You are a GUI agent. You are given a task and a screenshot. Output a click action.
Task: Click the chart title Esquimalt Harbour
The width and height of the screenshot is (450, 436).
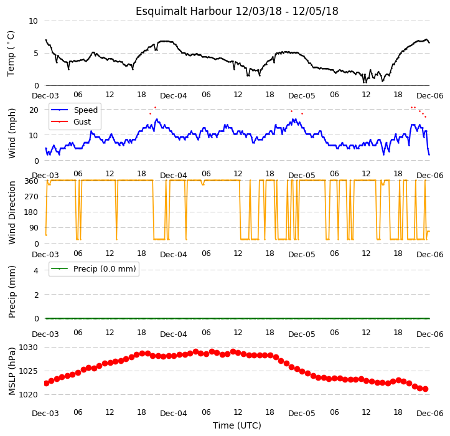point(184,11)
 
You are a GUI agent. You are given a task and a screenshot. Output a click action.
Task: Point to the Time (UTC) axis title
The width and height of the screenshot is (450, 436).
point(237,425)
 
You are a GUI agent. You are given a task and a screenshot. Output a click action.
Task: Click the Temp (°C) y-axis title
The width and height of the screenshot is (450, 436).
point(11,54)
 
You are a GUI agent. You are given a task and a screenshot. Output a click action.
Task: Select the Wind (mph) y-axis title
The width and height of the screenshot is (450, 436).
point(11,133)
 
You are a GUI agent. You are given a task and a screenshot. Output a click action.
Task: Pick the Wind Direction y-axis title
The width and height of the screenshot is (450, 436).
point(11,212)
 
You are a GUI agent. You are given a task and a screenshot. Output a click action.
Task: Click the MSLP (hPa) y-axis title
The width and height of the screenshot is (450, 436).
point(11,371)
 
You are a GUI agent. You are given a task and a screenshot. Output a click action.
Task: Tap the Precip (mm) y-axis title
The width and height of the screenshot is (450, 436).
point(11,291)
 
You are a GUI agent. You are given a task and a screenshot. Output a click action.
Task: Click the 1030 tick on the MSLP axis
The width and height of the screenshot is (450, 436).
point(28,348)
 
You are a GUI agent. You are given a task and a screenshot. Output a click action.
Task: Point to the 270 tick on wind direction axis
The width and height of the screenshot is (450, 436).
point(32,197)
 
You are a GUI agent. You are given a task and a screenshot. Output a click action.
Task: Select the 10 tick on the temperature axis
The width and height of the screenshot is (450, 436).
point(33,21)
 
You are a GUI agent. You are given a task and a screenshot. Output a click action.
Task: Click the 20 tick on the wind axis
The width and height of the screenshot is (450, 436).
point(34,110)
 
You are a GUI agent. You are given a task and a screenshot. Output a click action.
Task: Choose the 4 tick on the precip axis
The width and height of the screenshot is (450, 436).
point(36,270)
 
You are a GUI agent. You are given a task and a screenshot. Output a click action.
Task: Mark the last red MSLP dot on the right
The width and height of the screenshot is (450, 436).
point(425,389)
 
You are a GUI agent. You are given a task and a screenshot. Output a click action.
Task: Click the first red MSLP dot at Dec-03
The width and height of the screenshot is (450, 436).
point(46,383)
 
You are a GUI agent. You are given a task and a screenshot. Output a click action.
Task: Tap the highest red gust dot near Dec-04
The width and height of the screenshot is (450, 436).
point(155,107)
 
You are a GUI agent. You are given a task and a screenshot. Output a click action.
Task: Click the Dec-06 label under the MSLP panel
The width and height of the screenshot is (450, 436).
point(429,414)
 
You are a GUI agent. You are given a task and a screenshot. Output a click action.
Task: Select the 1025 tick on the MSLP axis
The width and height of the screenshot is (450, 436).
point(28,371)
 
